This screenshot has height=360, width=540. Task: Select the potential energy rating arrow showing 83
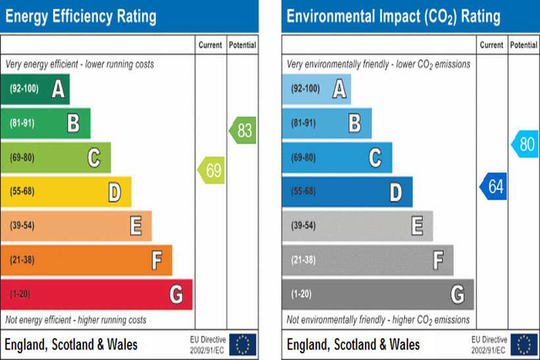tap(242, 130)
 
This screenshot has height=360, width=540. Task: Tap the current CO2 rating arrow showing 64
tap(493, 187)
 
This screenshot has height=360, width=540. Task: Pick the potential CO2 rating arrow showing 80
tap(525, 144)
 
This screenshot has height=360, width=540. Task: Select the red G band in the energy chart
tap(96, 294)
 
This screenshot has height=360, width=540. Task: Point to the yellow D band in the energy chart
tap(66, 192)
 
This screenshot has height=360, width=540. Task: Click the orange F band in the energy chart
tap(86, 260)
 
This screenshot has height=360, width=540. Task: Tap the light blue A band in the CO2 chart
tap(317, 89)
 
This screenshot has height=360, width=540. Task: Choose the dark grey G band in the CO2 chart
tap(378, 294)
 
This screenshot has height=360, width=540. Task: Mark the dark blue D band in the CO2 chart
tap(348, 192)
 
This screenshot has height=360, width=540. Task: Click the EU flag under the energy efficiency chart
tap(243, 344)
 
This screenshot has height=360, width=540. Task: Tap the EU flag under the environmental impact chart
tap(524, 344)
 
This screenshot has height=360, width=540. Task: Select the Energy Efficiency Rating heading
tap(81, 16)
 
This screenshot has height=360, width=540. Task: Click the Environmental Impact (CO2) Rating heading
tap(393, 16)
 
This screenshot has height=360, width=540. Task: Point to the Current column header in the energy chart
tap(211, 45)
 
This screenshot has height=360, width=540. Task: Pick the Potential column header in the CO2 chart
tap(524, 45)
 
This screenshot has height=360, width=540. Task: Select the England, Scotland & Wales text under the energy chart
tap(71, 344)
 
